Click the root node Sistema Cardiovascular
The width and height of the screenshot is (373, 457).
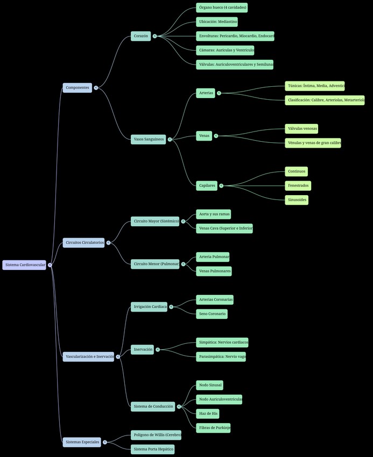tap(25, 265)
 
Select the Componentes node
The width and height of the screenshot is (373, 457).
tap(78, 87)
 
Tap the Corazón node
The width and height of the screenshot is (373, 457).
tap(141, 36)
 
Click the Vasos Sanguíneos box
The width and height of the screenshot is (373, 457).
tap(149, 139)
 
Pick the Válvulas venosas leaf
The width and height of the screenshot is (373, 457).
tap(301, 129)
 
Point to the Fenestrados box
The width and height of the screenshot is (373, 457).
tap(298, 185)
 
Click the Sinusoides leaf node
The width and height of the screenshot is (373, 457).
tap(297, 200)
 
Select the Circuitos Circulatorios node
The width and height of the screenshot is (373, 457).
tap(84, 243)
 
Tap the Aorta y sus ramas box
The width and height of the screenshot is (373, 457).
tap(214, 214)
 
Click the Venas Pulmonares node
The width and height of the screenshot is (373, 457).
tap(214, 271)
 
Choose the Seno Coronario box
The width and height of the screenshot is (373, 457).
tap(212, 314)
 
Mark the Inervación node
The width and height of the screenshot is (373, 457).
tap(143, 349)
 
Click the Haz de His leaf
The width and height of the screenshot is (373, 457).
tap(208, 413)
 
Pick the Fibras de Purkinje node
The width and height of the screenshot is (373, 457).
tap(214, 428)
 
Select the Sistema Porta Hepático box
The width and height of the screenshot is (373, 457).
tap(153, 449)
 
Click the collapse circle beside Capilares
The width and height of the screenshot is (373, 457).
tap(221, 185)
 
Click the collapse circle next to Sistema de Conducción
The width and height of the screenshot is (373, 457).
tap(179, 406)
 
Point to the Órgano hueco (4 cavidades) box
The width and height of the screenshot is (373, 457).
tap(222, 8)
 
